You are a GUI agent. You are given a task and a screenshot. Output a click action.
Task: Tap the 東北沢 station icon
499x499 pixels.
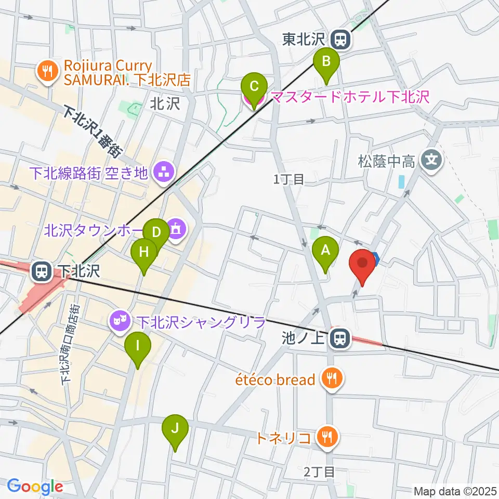click(342, 38)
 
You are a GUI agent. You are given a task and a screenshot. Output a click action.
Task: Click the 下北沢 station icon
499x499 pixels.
click(40, 271)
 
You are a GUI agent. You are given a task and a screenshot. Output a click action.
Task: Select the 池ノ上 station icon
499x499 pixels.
click(340, 339)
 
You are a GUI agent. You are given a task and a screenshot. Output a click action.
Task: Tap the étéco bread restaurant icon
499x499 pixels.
click(331, 380)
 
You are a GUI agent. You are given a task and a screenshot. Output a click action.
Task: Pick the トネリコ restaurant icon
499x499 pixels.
click(326, 438)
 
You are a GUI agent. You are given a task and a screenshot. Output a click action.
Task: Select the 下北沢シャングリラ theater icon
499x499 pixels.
click(119, 321)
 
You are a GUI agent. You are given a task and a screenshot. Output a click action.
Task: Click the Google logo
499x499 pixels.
click(35, 486)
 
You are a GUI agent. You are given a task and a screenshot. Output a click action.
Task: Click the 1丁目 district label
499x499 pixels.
click(288, 180)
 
